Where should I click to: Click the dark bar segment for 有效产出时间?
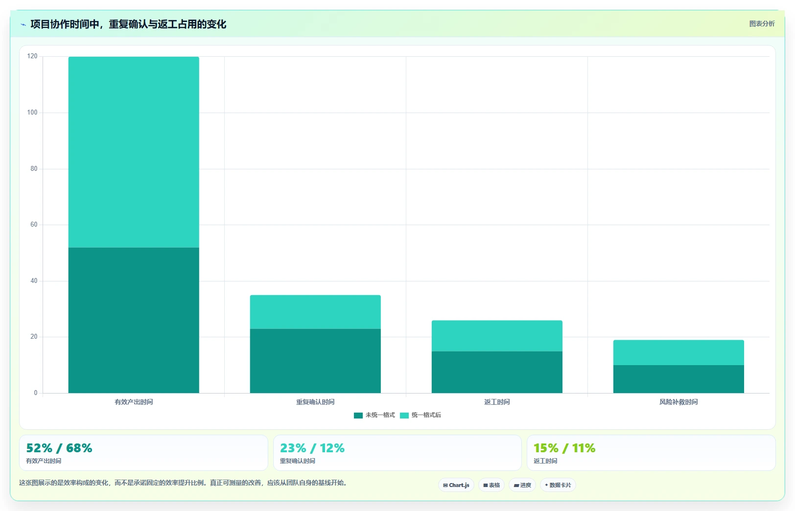coord(134,320)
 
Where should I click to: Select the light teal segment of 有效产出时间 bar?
coord(134,152)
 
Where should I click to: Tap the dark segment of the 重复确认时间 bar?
coord(315,361)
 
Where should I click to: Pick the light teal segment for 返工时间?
coord(497,336)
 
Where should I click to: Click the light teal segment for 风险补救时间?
coord(678,352)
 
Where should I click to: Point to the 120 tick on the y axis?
coord(32,56)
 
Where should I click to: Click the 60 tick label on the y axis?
coord(34,224)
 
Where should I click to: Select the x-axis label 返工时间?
coord(497,402)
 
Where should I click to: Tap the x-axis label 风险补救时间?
coord(678,402)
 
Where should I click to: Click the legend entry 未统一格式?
coord(374,415)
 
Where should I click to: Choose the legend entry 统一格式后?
coord(421,415)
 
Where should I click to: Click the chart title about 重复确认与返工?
coord(128,24)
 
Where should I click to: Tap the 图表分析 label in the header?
coord(762,24)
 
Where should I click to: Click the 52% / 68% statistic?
coord(59,448)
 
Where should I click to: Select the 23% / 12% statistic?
coord(312,448)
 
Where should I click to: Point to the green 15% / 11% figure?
coord(564,448)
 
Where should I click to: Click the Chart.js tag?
coord(456,485)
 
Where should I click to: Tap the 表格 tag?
coord(491,485)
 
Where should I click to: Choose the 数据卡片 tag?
coord(558,485)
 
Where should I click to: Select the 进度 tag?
coord(522,485)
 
